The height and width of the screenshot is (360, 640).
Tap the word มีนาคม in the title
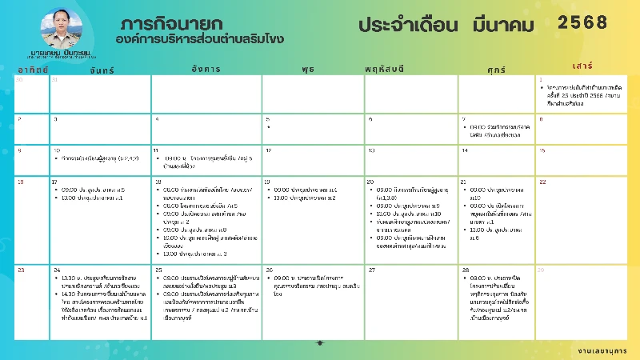tap(503, 25)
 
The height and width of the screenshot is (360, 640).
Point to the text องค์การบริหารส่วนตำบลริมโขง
tap(199, 38)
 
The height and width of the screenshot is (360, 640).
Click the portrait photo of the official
tap(62, 29)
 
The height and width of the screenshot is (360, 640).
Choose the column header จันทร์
tap(102, 70)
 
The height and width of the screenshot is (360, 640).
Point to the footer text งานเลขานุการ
tap(602, 350)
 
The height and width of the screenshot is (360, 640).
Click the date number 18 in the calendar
tap(158, 182)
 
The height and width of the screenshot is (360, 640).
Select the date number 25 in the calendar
tap(158, 270)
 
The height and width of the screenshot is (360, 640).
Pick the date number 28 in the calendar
tap(465, 270)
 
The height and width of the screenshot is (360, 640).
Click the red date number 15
tap(542, 150)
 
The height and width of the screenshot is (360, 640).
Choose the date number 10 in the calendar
tap(56, 150)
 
